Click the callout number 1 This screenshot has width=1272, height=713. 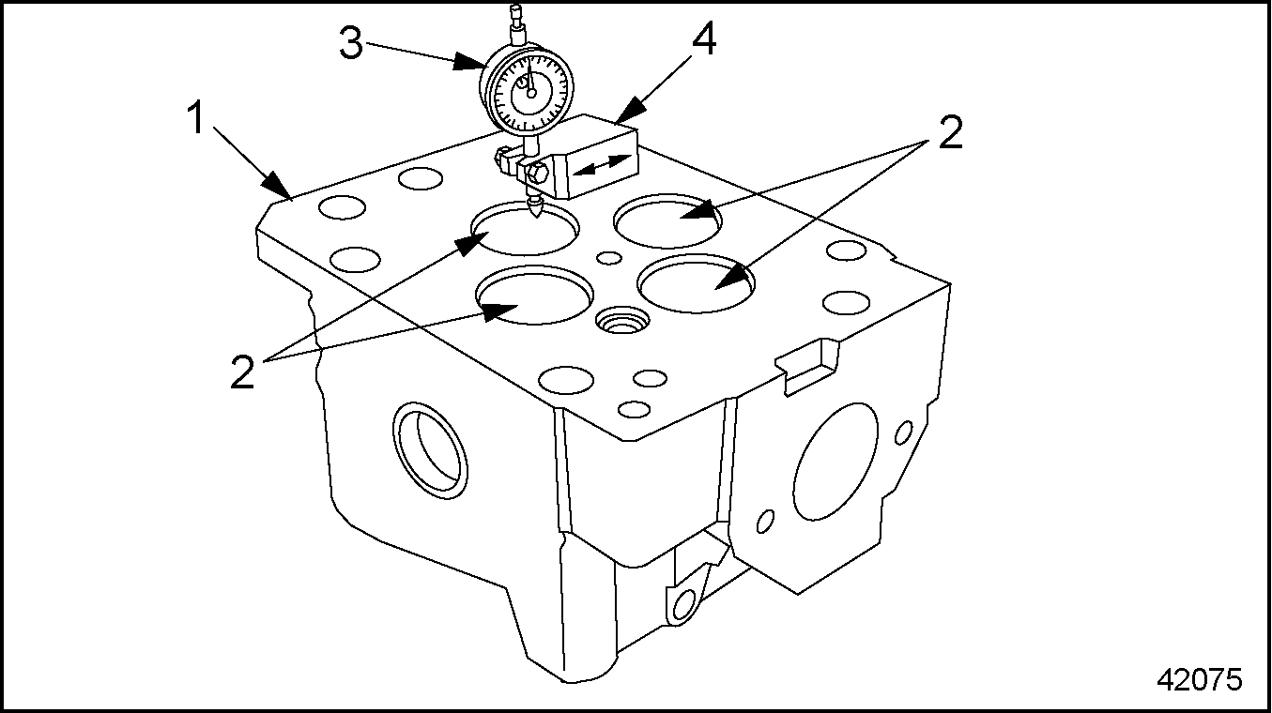pyautogui.click(x=197, y=121)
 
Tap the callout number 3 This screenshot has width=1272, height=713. pyautogui.click(x=351, y=43)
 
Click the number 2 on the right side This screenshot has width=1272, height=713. pyautogui.click(x=949, y=133)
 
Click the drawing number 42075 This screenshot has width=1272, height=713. pyautogui.click(x=1198, y=678)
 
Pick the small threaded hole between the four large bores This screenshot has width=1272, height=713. pyautogui.click(x=621, y=323)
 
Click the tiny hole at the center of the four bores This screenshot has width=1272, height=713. pyautogui.click(x=610, y=258)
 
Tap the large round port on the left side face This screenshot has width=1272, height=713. pyautogui.click(x=431, y=449)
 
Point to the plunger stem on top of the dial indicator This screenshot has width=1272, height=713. pyautogui.click(x=515, y=23)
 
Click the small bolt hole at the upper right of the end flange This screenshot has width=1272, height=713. pyautogui.click(x=903, y=432)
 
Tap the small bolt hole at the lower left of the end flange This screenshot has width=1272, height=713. pyautogui.click(x=766, y=521)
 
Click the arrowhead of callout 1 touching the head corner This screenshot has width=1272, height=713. pyautogui.click(x=278, y=188)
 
